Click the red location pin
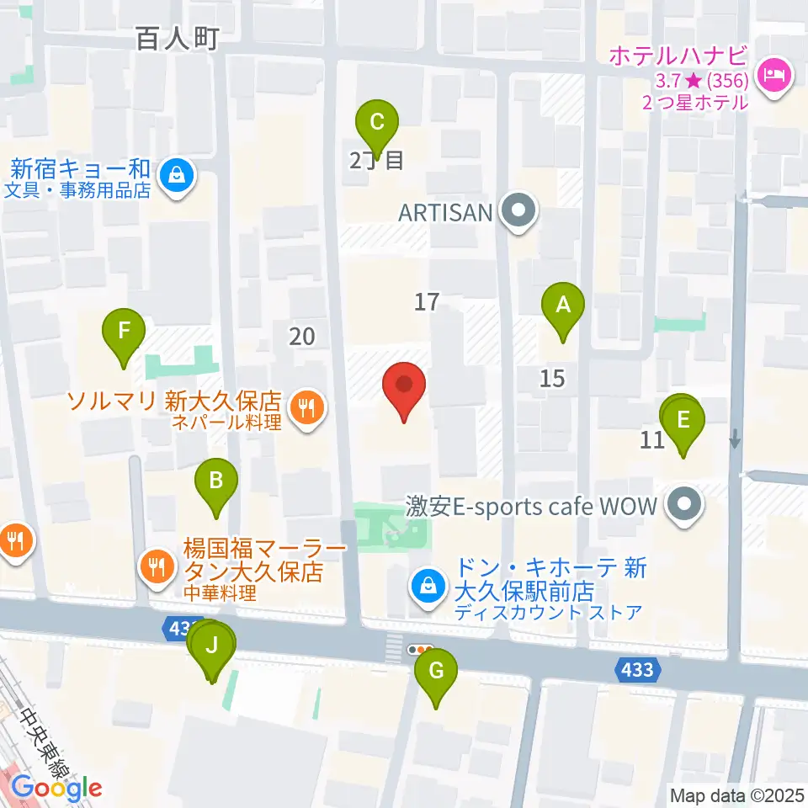[x=404, y=388]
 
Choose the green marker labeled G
[x=436, y=673]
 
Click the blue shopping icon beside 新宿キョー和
[x=178, y=176]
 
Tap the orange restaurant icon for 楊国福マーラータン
[x=157, y=562]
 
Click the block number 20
[x=301, y=337]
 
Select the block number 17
[x=427, y=301]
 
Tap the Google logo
[x=56, y=788]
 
